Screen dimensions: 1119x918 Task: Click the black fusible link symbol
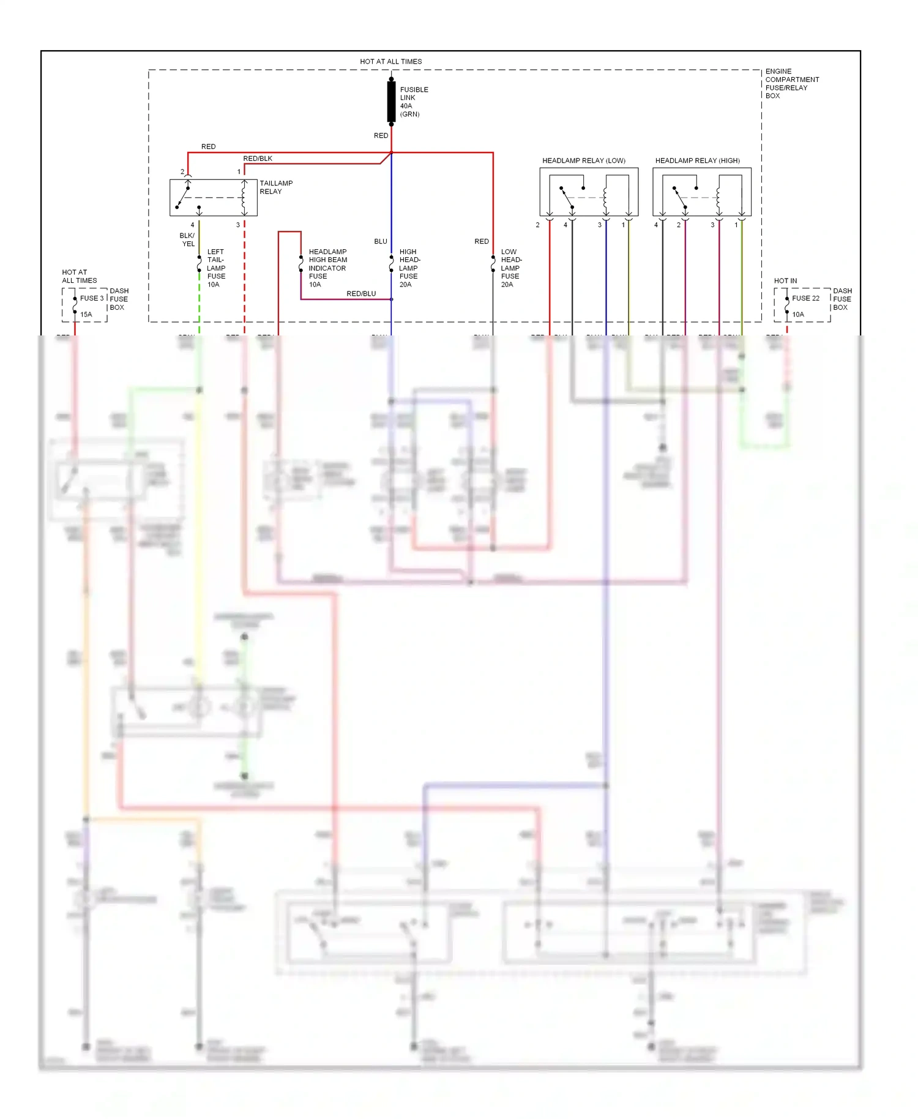391,102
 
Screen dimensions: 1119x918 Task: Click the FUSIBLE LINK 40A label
414,102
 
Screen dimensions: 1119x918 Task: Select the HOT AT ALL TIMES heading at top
390,61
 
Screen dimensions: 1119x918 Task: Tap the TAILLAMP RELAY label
275,187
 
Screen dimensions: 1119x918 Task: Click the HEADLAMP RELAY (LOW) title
583,160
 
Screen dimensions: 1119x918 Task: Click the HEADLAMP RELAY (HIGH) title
697,160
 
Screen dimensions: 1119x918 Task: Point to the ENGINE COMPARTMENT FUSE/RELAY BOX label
791,83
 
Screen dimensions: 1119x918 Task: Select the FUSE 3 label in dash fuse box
92,298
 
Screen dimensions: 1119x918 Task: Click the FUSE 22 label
805,298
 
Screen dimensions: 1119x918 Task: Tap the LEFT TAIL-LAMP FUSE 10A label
215,268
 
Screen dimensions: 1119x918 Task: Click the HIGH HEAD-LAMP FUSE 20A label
409,268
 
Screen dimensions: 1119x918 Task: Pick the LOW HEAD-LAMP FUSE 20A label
510,268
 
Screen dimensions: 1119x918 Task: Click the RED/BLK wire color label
258,159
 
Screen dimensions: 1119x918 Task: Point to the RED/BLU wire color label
361,294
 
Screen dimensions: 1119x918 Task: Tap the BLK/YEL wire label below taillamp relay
187,239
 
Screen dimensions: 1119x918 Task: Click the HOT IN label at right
785,281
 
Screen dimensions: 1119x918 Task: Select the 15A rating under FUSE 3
86,315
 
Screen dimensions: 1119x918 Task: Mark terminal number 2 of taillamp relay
182,172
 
